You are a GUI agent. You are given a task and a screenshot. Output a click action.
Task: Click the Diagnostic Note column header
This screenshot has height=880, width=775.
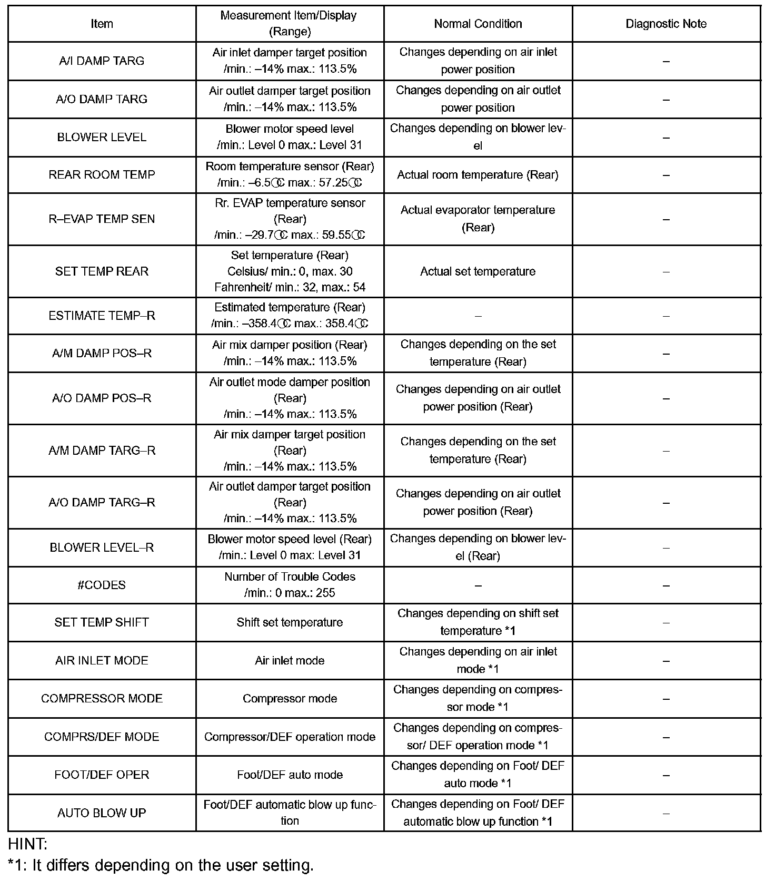665,24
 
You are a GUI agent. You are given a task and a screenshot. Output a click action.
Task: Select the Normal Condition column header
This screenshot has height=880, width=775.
478,24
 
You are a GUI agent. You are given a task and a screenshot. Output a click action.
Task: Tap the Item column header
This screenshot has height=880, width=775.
102,24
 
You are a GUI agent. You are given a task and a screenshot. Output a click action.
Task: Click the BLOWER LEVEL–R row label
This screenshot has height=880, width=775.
102,547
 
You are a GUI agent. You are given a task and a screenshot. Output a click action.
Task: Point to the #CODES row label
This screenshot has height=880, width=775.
102,585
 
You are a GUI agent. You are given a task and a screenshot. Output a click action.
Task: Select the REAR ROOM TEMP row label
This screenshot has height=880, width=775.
102,174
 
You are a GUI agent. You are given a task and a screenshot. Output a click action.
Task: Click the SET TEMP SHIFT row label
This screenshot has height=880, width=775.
102,622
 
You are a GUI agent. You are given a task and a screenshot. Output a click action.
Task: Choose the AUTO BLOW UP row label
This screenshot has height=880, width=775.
102,813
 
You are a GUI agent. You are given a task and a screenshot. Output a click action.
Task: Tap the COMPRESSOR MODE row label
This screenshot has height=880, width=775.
102,698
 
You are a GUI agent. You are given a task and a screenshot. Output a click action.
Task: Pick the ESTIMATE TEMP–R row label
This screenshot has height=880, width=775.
102,316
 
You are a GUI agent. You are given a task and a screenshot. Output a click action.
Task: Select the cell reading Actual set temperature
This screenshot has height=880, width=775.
478,271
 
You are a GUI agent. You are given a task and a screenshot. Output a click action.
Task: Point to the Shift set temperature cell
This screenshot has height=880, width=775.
290,622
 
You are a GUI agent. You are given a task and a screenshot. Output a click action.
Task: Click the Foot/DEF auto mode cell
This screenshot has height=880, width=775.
290,775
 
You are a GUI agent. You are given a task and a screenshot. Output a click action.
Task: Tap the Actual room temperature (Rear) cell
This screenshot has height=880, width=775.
478,174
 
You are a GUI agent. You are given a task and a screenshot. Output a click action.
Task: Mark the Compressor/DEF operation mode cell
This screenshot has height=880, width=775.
290,737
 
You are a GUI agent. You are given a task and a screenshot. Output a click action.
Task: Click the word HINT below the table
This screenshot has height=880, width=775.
27,844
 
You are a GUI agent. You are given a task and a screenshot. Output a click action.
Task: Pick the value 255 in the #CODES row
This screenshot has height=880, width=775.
325,593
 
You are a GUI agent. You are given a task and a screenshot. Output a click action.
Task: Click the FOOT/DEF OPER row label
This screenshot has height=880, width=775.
102,775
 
